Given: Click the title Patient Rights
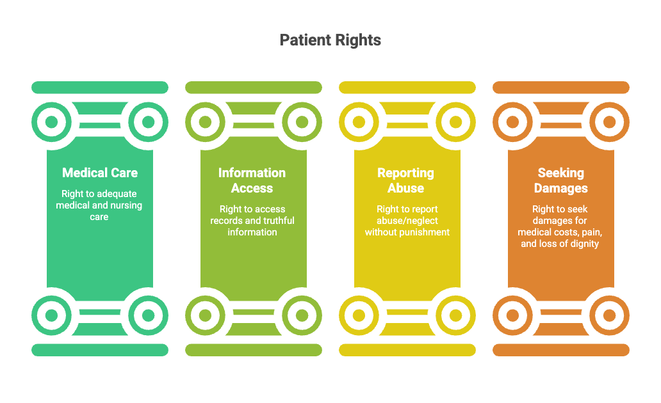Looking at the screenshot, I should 330,40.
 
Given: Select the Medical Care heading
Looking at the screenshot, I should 100,173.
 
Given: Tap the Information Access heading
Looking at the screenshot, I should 252,180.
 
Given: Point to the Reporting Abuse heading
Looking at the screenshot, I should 405,180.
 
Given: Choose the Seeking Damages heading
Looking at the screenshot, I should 560,180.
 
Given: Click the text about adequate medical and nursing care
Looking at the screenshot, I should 99,205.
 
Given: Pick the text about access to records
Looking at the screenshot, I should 252,220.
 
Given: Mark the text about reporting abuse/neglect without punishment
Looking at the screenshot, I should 407,220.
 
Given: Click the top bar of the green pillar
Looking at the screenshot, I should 100,87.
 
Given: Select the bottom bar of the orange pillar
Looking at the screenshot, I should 561,350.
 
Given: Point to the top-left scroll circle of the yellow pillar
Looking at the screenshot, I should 359,122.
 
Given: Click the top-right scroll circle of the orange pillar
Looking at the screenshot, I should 610,122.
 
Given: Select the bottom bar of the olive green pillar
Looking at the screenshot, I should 254,350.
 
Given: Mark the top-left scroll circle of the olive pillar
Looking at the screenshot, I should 205,122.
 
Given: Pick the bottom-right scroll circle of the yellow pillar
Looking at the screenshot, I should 456,315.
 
